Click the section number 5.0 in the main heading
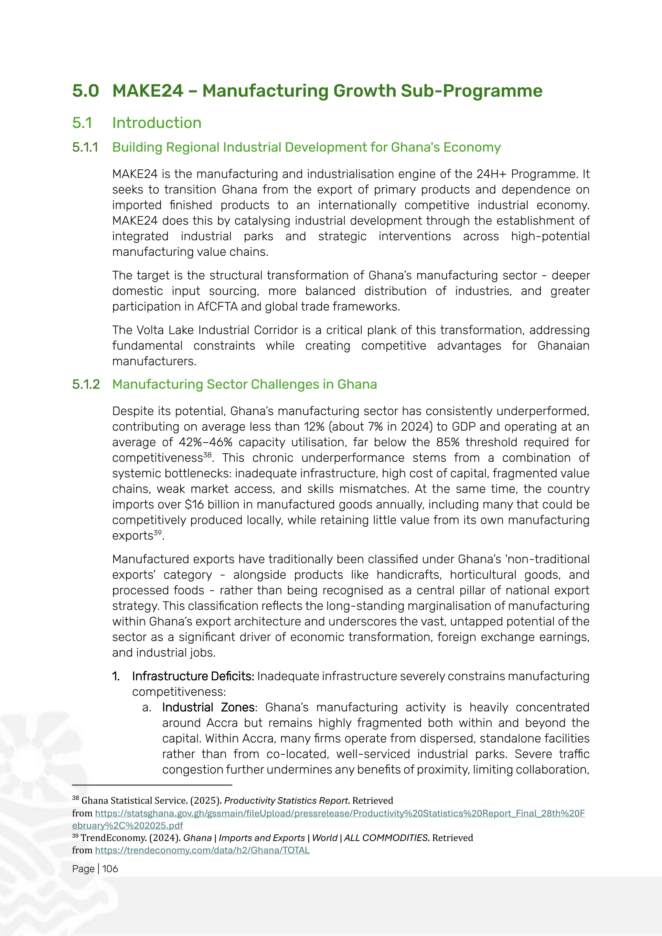85,90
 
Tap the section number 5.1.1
85,147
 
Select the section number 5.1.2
86,384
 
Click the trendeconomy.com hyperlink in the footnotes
202,850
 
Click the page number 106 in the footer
110,869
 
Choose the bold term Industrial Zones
208,707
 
